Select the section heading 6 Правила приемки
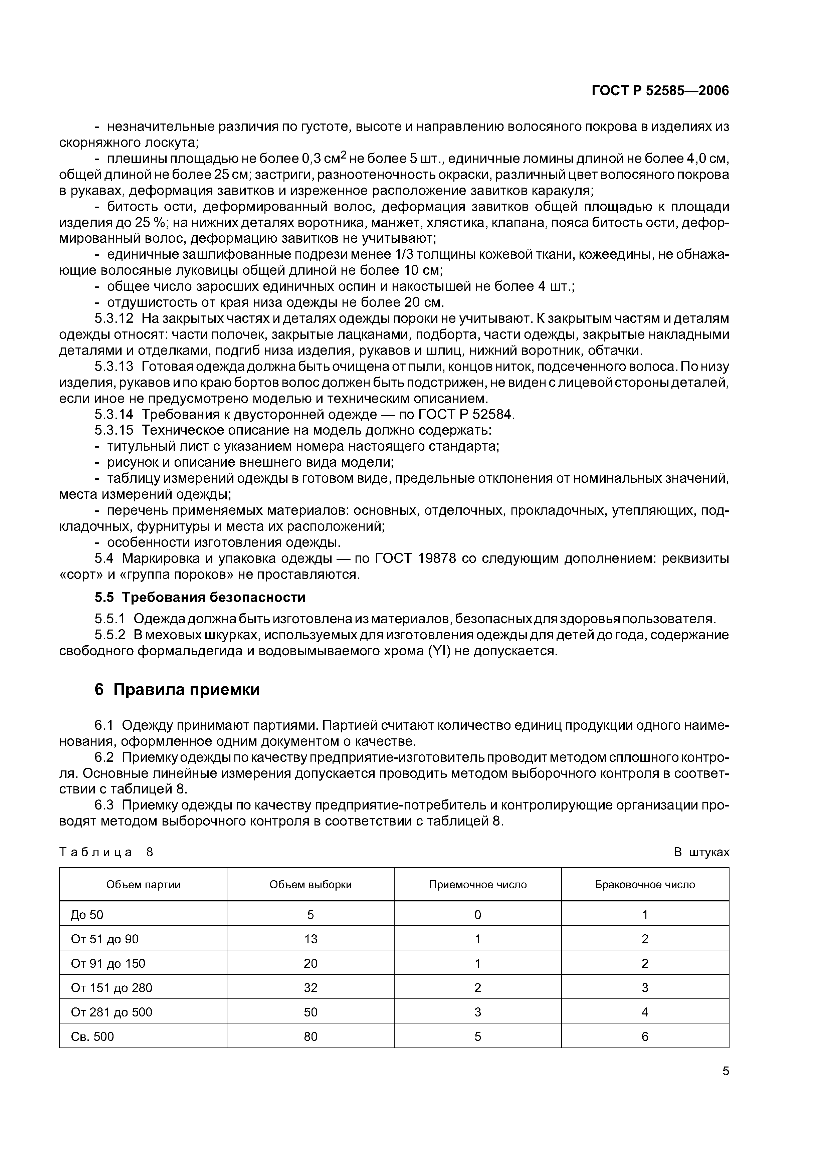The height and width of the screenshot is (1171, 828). (177, 690)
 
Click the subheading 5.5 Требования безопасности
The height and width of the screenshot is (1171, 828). (199, 597)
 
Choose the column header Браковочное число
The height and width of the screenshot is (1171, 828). (644, 884)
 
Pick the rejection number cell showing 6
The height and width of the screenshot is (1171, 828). (644, 1036)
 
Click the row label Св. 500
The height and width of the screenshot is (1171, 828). (92, 1036)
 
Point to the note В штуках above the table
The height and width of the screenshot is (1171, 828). (701, 852)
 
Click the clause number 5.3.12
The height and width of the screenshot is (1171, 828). (114, 319)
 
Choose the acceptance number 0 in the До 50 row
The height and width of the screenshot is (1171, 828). (477, 914)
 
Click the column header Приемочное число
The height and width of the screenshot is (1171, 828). (477, 884)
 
